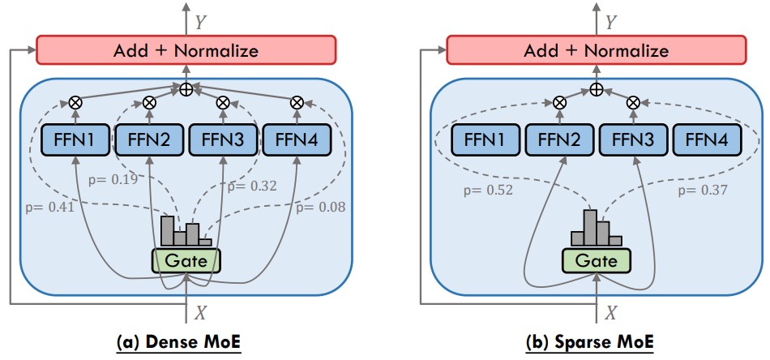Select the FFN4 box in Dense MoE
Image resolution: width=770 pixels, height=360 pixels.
pyautogui.click(x=296, y=141)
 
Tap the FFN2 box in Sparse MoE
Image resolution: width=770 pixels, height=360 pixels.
pyautogui.click(x=558, y=141)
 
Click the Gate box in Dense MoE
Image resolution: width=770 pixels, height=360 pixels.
pyautogui.click(x=186, y=259)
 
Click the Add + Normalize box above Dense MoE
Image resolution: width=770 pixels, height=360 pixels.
pyautogui.click(x=186, y=50)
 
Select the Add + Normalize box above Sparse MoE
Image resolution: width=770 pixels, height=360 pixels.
pyautogui.click(x=596, y=50)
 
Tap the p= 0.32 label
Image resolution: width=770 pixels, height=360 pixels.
pyautogui.click(x=252, y=186)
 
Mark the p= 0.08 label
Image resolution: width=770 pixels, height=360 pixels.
pyautogui.click(x=319, y=208)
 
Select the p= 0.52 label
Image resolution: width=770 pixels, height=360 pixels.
pyautogui.click(x=489, y=191)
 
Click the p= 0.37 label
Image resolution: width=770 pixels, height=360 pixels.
pyautogui.click(x=703, y=191)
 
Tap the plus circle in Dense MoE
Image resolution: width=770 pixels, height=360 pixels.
pyautogui.click(x=186, y=88)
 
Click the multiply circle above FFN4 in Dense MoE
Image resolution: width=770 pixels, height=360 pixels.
pyautogui.click(x=296, y=103)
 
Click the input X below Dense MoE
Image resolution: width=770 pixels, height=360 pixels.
pyautogui.click(x=200, y=311)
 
